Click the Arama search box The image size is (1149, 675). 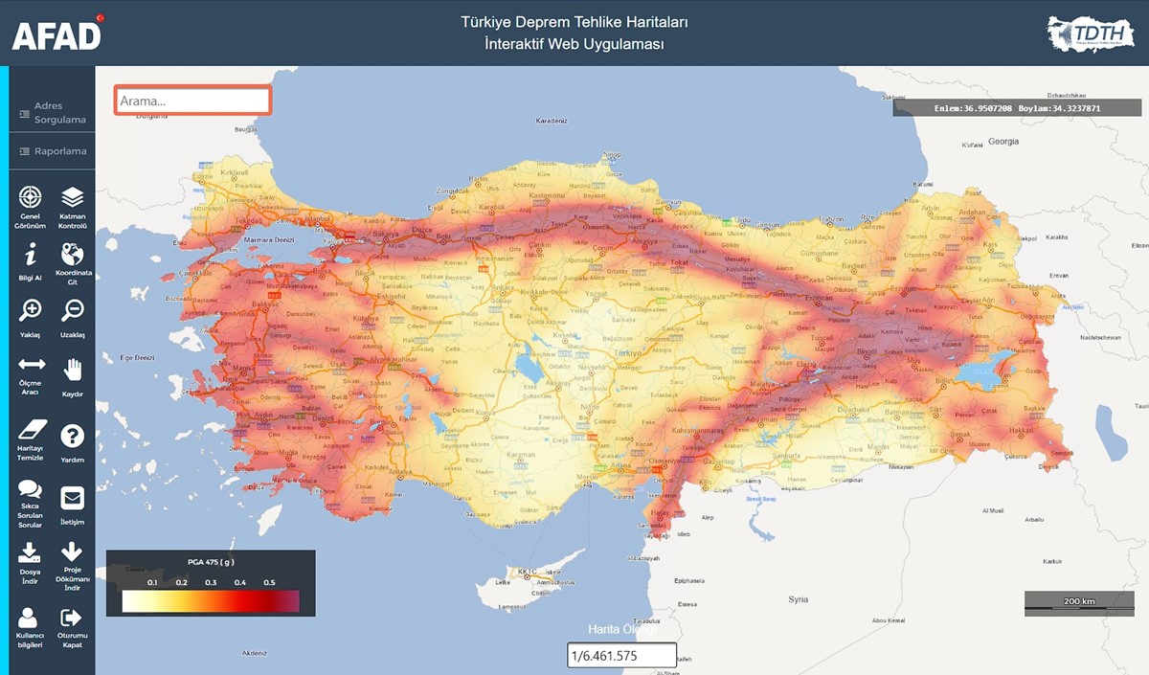pyautogui.click(x=192, y=101)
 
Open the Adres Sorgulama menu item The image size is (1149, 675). pyautogui.click(x=53, y=113)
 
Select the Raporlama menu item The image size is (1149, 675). pyautogui.click(x=53, y=151)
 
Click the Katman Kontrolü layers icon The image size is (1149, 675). pyautogui.click(x=73, y=197)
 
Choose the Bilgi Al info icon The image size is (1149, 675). pyautogui.click(x=32, y=254)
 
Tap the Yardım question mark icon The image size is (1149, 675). pyautogui.click(x=73, y=437)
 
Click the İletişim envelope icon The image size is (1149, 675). pyautogui.click(x=73, y=498)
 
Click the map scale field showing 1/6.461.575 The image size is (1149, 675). pyautogui.click(x=621, y=656)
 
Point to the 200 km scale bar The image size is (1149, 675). pyautogui.click(x=1079, y=602)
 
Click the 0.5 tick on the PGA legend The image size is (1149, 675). pyautogui.click(x=269, y=582)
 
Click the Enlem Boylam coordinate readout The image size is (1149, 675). pyautogui.click(x=1017, y=108)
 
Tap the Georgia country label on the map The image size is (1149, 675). pyautogui.click(x=1003, y=141)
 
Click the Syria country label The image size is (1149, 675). pyautogui.click(x=798, y=599)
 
